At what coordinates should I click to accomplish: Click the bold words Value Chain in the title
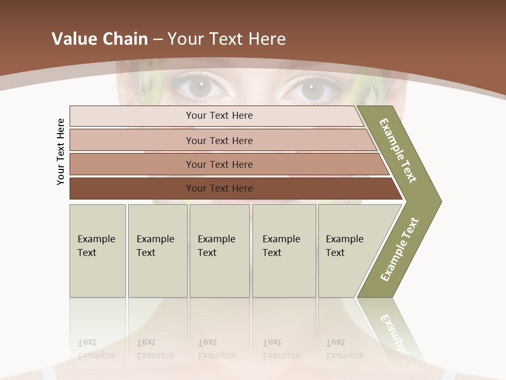pos(100,39)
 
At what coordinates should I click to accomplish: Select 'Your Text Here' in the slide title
pos(227,39)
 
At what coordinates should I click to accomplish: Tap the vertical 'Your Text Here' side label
pos(61,151)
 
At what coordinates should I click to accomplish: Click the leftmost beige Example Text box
pos(98,251)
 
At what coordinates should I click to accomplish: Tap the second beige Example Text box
pos(158,251)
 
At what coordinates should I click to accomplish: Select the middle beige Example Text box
pos(219,251)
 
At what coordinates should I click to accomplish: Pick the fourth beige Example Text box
pos(284,251)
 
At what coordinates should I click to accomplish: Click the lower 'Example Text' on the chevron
pos(399,250)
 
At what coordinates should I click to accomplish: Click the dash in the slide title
pos(158,39)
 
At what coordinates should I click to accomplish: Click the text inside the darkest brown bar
pos(219,188)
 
